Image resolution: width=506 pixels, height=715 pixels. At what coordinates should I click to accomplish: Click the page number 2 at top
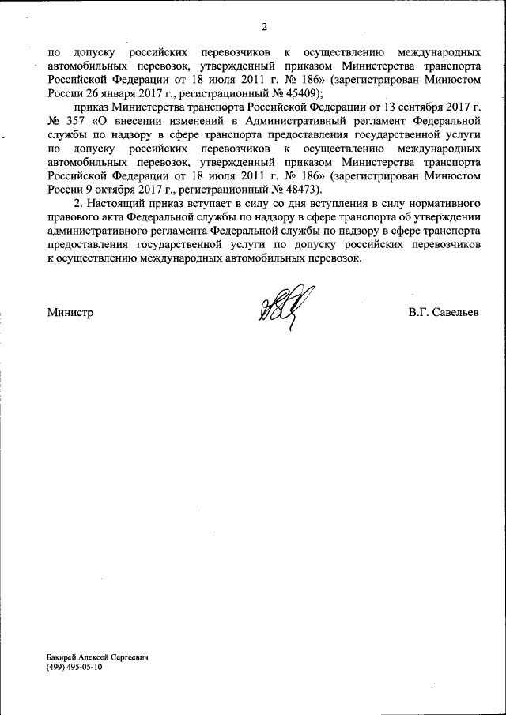click(264, 28)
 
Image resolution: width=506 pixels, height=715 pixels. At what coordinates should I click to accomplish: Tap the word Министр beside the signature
click(70, 312)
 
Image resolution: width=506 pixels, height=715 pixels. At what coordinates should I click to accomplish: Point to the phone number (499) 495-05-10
click(74, 668)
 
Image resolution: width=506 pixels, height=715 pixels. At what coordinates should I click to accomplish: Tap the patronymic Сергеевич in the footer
click(130, 657)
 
